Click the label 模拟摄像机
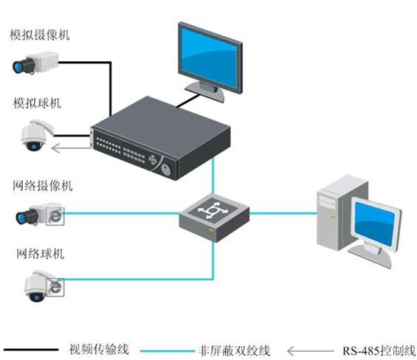click(x=40, y=35)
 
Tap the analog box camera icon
click(x=35, y=63)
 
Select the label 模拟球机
click(x=37, y=103)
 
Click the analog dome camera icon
click(x=37, y=136)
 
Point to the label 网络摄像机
click(x=43, y=185)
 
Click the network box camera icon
click(x=40, y=215)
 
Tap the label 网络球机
click(x=40, y=254)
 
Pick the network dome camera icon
click(x=44, y=286)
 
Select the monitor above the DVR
click(x=210, y=62)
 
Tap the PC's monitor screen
click(x=375, y=223)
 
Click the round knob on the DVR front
click(x=166, y=169)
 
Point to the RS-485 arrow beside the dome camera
click(x=71, y=148)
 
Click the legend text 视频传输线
click(x=99, y=350)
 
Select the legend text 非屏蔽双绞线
click(x=234, y=350)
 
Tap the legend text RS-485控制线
click(x=379, y=350)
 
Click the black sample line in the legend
click(x=31, y=350)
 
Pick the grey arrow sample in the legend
click(x=311, y=351)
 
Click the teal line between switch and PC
click(x=283, y=213)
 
